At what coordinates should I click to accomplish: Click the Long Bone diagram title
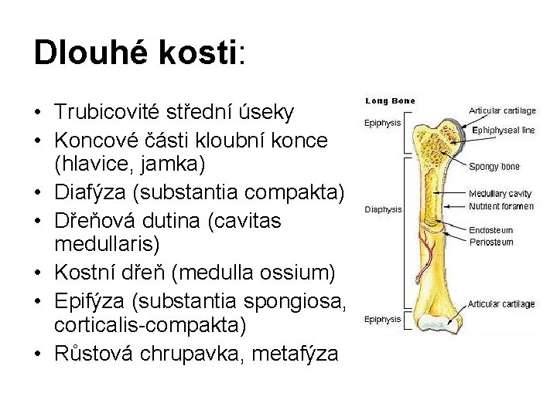pyautogui.click(x=390, y=100)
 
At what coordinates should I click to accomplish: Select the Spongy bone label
pyautogui.click(x=494, y=166)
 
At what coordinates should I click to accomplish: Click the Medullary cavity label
pyautogui.click(x=500, y=193)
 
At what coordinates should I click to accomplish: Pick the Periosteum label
pyautogui.click(x=491, y=242)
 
